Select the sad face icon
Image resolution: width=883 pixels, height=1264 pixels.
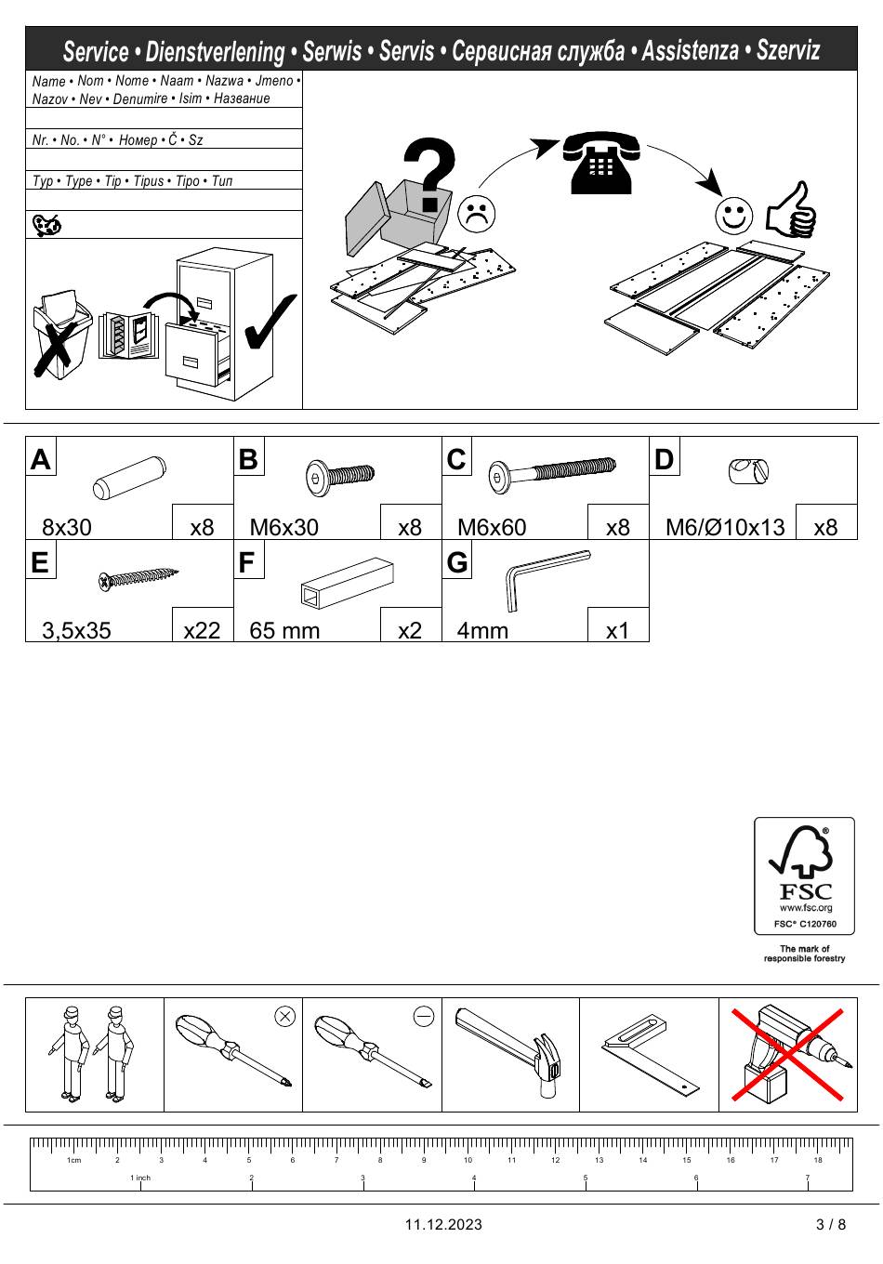pos(476,215)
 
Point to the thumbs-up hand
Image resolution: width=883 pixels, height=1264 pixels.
pos(791,210)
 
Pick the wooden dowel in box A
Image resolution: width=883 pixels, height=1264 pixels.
pos(129,477)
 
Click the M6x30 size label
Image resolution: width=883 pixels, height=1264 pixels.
pos(283,527)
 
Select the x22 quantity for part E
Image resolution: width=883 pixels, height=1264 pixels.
pos(202,630)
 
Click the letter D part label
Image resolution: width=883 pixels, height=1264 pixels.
pos(664,459)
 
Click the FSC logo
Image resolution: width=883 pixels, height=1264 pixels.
pos(804,875)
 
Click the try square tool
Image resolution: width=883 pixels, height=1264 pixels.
pos(649,1054)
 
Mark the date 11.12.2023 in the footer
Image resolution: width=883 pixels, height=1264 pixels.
pos(443,1224)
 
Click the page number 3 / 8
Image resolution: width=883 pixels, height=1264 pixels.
pos(831,1224)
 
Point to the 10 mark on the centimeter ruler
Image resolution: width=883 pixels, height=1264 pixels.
pos(468,1160)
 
